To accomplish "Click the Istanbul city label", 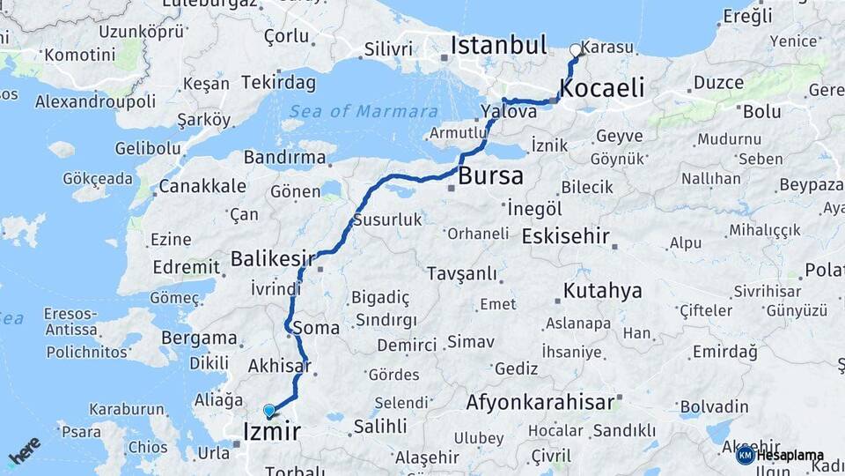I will click(498, 45).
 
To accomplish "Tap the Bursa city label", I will click(490, 175).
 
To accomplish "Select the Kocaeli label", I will click(602, 88).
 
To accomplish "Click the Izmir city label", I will click(271, 432).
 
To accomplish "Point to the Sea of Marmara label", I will click(364, 112).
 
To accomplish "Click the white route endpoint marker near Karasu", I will click(576, 50).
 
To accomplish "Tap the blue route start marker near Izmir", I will click(268, 410).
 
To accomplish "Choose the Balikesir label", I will click(273, 258).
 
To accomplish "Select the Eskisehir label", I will click(566, 237).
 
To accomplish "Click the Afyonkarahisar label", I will click(540, 403).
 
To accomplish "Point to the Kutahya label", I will click(603, 291).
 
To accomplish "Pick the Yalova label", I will click(509, 113).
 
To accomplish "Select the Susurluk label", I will click(387, 220).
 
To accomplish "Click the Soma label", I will click(320, 328).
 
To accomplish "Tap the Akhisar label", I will click(280, 365).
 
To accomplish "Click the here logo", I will click(24, 450).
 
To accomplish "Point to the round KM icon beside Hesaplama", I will click(745, 456).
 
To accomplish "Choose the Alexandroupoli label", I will click(95, 101).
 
